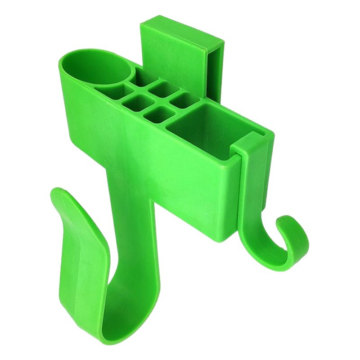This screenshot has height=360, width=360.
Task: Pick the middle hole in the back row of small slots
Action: point(159,86)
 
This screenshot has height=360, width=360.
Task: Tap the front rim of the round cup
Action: point(85,88)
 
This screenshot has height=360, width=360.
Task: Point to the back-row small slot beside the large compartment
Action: point(181,99)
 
